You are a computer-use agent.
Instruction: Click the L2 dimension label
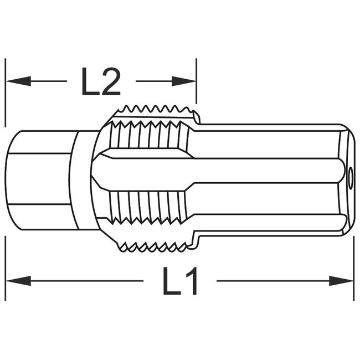[101, 82]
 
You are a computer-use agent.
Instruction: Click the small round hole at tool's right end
[350, 176]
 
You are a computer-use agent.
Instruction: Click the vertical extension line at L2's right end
[196, 83]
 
